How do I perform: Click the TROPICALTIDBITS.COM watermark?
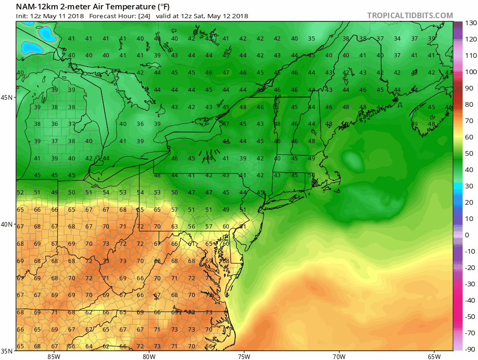point(410,15)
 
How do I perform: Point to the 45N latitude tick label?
point(8,97)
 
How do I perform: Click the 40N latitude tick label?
point(8,224)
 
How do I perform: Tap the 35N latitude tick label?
point(8,351)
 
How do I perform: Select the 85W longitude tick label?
point(54,357)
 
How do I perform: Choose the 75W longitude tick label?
point(244,357)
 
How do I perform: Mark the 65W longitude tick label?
point(434,357)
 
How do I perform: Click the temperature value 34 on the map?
point(397,39)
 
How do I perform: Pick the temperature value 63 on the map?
point(175,227)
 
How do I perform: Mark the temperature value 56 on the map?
point(191,227)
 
